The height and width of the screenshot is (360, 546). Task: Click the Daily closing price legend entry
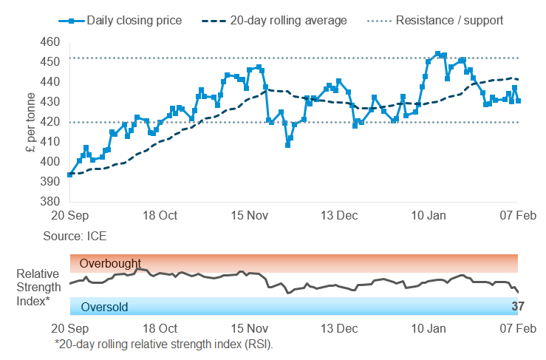pyautogui.click(x=126, y=20)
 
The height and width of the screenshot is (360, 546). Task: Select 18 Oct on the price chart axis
pyautogui.click(x=160, y=216)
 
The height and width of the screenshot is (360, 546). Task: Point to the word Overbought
pyautogui.click(x=110, y=263)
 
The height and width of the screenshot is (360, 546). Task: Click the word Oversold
pyautogui.click(x=105, y=307)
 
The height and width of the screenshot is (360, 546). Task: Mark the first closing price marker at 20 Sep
pyautogui.click(x=69, y=174)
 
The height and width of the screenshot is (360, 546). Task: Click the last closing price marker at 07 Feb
pyautogui.click(x=518, y=101)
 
